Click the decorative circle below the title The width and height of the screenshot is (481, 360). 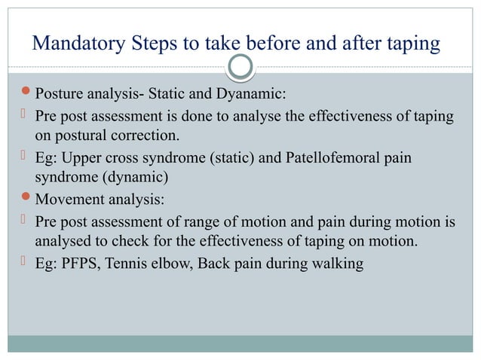pyautogui.click(x=240, y=69)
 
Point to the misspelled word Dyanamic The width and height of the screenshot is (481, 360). pyautogui.click(x=250, y=95)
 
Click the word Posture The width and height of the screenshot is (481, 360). pyautogui.click(x=60, y=95)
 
